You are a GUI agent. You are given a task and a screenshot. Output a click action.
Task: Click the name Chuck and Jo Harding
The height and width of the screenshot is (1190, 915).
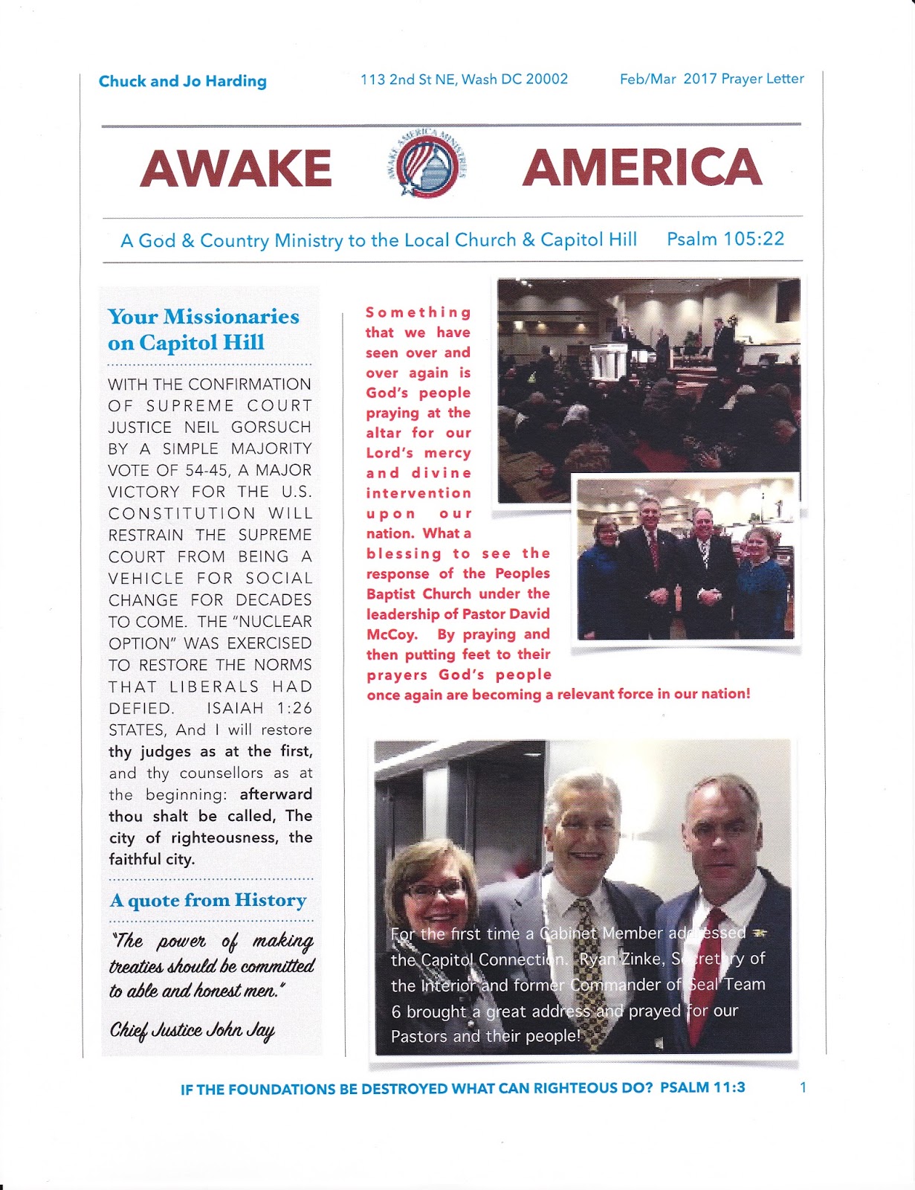[182, 81]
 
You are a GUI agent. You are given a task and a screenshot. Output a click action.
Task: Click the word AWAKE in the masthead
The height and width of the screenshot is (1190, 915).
[236, 168]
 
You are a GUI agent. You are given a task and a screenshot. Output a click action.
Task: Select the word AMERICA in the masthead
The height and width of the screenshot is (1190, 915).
[642, 167]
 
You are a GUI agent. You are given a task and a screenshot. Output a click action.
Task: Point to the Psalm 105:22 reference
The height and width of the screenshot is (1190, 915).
[725, 239]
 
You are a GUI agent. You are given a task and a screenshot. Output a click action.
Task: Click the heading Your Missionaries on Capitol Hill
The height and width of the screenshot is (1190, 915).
[203, 329]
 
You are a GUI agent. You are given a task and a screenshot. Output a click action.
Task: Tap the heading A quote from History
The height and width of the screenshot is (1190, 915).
[208, 901]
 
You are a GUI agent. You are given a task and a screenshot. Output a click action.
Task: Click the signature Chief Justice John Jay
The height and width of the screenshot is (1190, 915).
[193, 1031]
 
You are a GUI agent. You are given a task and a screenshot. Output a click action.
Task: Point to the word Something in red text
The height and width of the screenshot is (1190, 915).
[418, 312]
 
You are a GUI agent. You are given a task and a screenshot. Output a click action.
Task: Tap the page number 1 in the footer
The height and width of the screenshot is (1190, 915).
[803, 1087]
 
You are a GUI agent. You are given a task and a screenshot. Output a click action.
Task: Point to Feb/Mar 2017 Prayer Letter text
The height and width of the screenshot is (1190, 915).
[711, 79]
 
